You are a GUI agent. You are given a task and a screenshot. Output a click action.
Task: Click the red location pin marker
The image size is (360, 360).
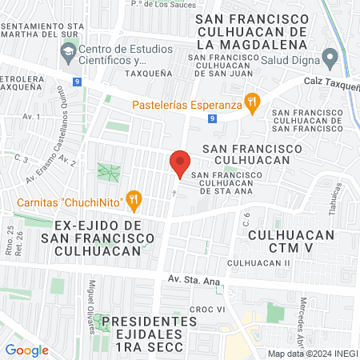[x=179, y=163]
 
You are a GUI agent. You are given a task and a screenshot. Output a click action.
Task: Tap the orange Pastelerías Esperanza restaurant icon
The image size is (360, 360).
[x=253, y=101]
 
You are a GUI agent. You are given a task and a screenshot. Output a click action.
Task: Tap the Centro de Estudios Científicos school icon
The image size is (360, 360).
[x=68, y=54]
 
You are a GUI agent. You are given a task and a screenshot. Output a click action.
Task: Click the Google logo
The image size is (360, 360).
[x=27, y=350]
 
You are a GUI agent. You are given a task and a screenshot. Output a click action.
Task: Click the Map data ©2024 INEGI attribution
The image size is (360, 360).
[x=313, y=354]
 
